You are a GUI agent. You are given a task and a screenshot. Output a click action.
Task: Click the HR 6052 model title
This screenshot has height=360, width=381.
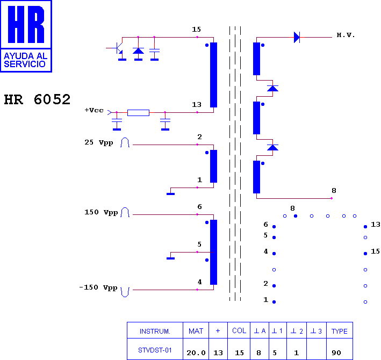(x=37, y=99)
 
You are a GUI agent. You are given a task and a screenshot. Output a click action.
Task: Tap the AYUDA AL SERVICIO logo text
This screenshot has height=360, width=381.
(x=25, y=60)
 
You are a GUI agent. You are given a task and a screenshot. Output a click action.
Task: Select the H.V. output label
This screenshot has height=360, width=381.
(x=346, y=35)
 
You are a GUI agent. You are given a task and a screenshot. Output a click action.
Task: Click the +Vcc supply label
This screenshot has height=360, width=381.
(x=94, y=110)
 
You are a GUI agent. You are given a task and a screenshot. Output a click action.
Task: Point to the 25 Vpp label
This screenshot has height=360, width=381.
(x=99, y=142)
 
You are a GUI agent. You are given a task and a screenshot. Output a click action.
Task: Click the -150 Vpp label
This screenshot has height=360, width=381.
(x=98, y=287)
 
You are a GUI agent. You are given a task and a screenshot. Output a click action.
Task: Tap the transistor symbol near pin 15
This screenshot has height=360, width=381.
(x=118, y=48)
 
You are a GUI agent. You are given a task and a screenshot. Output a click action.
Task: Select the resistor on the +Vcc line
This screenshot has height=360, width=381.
(x=138, y=113)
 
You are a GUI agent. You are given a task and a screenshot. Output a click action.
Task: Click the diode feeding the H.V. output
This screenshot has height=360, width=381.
(x=297, y=37)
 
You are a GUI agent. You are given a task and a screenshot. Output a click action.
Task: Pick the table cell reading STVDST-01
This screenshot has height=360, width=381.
(x=155, y=350)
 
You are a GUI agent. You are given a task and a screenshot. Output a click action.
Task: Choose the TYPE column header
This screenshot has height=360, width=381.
(x=340, y=331)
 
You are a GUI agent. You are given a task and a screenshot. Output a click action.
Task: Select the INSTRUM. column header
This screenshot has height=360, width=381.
(x=155, y=332)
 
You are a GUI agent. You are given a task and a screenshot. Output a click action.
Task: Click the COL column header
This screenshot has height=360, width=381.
(x=239, y=330)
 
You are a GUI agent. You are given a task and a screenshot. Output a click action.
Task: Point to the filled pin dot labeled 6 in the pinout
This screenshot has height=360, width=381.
(x=274, y=227)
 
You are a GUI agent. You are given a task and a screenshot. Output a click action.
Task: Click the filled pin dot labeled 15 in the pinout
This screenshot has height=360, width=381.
(x=365, y=254)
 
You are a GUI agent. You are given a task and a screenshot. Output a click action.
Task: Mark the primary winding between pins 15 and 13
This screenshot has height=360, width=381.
(x=213, y=75)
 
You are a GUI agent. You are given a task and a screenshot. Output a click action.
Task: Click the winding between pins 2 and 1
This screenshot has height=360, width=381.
(x=213, y=166)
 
